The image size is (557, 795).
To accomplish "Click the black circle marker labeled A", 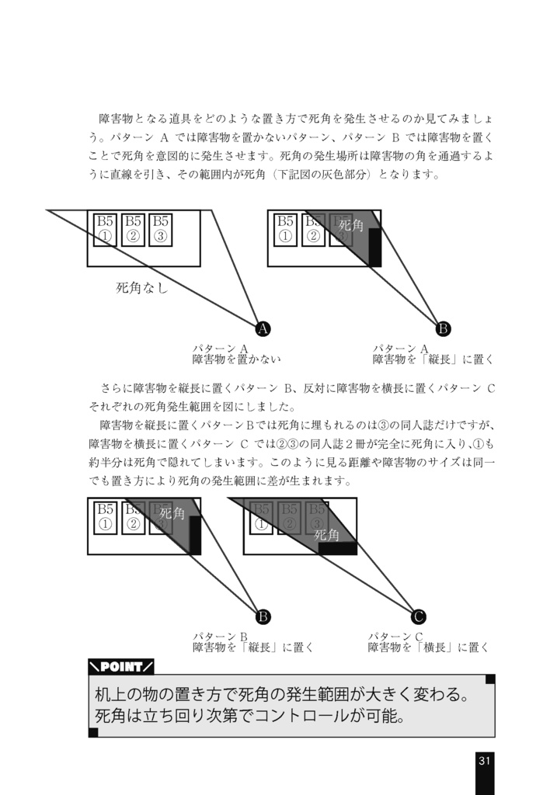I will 263,328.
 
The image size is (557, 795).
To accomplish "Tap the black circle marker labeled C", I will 418,617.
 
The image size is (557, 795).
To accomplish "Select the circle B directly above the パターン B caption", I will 263,617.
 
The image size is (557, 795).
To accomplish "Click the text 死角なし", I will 142,289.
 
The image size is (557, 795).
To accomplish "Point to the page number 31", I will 484,760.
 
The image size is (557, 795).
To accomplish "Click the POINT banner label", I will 121,666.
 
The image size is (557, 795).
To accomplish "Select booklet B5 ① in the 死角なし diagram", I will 105,229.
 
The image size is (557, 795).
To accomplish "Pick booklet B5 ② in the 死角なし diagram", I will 133,229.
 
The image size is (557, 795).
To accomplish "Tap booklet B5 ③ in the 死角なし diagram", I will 160,229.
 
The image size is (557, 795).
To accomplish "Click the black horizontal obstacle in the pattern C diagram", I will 337,548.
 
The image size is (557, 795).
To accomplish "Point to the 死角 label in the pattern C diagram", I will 327,535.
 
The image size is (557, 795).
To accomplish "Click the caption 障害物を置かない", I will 236,359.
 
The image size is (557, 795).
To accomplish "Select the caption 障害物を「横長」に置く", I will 428,647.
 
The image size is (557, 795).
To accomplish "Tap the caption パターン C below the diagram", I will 395,636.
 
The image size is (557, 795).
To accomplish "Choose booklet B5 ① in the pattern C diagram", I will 261,517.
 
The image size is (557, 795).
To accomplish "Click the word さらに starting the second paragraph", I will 117,387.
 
